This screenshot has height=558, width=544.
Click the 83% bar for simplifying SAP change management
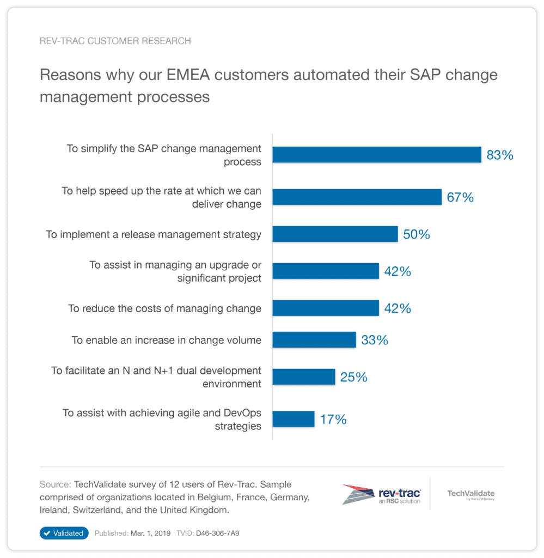pyautogui.click(x=376, y=155)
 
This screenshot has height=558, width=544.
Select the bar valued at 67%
pyautogui.click(x=357, y=197)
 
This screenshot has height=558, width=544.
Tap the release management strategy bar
pyautogui.click(x=335, y=234)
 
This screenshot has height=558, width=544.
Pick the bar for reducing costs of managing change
pyautogui.click(x=325, y=308)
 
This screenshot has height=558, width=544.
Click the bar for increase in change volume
pyautogui.click(x=314, y=340)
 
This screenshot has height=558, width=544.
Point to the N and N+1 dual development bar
pyautogui.click(x=303, y=377)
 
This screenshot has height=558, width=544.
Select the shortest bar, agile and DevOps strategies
pyautogui.click(x=293, y=419)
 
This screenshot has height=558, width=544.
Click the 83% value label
pyautogui.click(x=500, y=155)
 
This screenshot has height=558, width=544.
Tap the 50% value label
pyautogui.click(x=417, y=235)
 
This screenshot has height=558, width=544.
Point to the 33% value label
pyautogui.click(x=375, y=341)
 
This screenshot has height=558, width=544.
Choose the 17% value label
pyautogui.click(x=333, y=420)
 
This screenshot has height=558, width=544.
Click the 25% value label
pyautogui.click(x=354, y=377)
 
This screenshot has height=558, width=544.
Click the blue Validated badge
pyautogui.click(x=64, y=533)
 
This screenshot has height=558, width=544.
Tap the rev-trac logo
pyautogui.click(x=381, y=494)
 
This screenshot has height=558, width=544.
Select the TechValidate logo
pyautogui.click(x=470, y=495)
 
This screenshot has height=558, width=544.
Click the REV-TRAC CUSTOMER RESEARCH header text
pyautogui.click(x=115, y=41)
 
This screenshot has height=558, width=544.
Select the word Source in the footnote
pyautogui.click(x=55, y=484)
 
